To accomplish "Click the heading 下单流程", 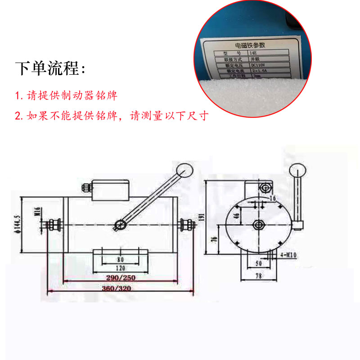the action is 50,68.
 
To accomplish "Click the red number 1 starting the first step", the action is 18,96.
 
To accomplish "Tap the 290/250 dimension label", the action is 119,278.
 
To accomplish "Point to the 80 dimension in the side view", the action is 120,260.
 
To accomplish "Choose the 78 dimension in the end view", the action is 258,275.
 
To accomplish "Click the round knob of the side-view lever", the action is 184,169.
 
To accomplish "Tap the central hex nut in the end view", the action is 258,225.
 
